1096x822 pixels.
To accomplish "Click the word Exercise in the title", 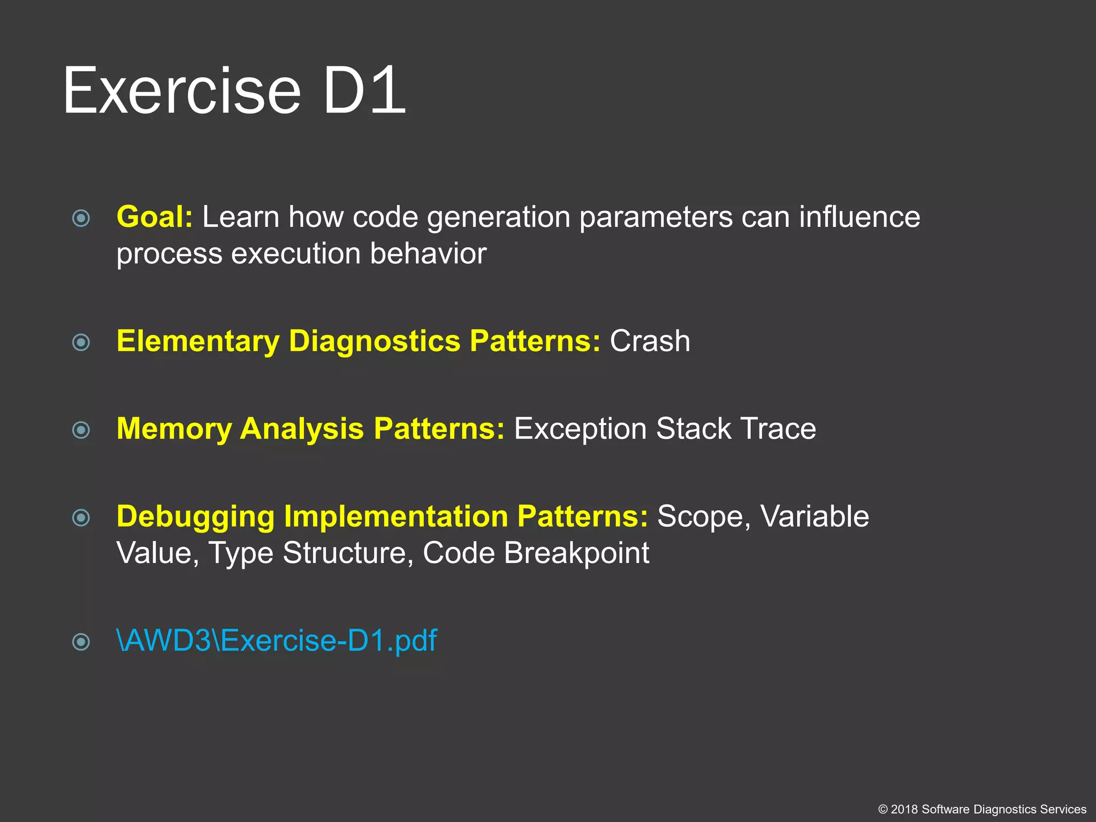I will tap(182, 91).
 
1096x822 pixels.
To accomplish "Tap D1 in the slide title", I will tap(364, 91).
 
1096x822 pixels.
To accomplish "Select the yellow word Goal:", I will tap(154, 217).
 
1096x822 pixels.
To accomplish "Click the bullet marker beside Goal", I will tap(81, 218).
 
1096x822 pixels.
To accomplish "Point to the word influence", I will tap(859, 217).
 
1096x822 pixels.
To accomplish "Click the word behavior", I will tap(428, 254).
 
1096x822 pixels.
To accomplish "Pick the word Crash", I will tap(650, 341).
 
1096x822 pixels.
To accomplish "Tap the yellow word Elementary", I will tap(197, 341).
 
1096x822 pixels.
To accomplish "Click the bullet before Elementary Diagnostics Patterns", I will tap(81, 342).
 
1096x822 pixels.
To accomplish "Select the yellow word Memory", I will tap(173, 429).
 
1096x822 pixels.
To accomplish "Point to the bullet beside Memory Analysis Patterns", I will tap(81, 430).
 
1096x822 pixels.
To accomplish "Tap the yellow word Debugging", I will tap(195, 517).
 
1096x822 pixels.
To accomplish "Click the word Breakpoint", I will tap(576, 553).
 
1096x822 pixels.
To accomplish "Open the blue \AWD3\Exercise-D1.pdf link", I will tap(276, 641).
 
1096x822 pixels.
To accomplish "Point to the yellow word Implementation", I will tap(395, 517).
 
